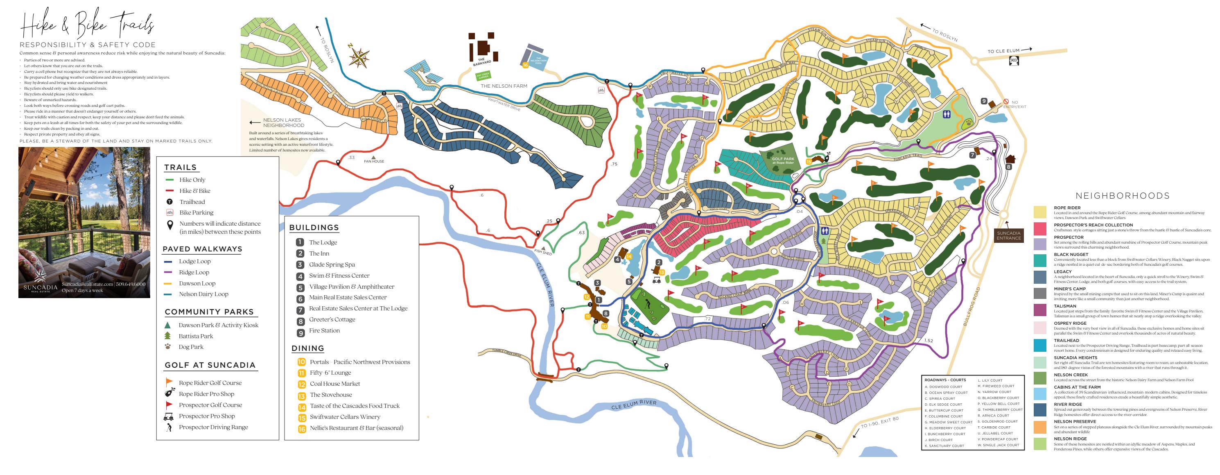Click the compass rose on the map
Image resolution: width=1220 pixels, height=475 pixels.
click(x=359, y=57)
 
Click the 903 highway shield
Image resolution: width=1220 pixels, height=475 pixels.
click(x=1014, y=61)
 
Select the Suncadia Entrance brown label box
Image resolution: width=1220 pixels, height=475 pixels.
click(x=1008, y=235)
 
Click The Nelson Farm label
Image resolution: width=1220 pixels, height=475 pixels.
click(x=504, y=86)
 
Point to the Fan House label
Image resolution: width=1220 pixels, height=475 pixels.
click(x=374, y=161)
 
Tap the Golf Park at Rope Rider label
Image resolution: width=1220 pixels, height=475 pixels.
click(x=783, y=161)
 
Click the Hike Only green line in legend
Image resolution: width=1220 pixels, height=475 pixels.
click(x=169, y=180)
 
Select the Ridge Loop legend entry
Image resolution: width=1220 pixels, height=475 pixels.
click(x=194, y=272)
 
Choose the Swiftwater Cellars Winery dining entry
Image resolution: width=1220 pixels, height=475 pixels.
click(x=345, y=417)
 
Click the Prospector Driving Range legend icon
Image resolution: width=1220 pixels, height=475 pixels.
click(x=169, y=427)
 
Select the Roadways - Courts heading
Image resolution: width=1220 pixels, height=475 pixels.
click(x=945, y=380)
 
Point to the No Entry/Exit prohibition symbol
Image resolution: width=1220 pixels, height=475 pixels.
click(x=1006, y=101)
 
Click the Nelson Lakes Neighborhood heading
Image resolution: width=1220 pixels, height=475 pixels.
click(x=283, y=123)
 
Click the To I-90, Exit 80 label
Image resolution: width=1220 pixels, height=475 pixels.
click(x=879, y=423)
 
